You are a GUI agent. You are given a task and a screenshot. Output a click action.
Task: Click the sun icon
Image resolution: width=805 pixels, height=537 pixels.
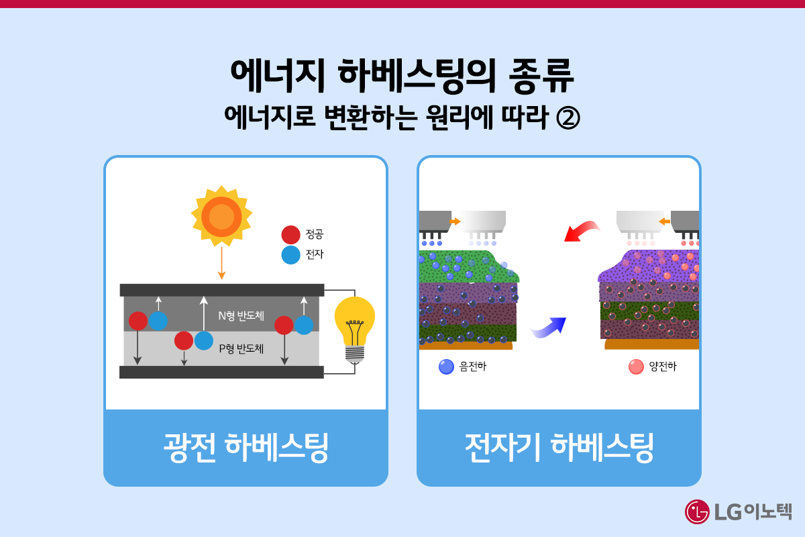pos(221,217)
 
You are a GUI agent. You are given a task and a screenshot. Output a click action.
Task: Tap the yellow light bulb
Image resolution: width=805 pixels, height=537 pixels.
pos(354,321)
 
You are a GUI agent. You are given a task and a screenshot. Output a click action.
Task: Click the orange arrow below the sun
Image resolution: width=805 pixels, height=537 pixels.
pos(221,264)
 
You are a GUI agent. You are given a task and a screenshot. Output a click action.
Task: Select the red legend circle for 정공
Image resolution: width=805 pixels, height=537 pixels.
pos(290,235)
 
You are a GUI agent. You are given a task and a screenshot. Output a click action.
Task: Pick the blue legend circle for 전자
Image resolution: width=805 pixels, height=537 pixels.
pos(290,255)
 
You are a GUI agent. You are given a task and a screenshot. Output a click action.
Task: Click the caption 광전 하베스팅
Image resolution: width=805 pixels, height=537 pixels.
pos(246,447)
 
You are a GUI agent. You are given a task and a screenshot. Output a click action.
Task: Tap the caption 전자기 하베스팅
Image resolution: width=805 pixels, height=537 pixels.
pos(559,447)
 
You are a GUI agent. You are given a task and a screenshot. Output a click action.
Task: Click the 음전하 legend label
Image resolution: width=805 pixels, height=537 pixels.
pos(473,367)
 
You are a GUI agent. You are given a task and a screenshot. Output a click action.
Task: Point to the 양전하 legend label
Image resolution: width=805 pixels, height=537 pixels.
pos(663,367)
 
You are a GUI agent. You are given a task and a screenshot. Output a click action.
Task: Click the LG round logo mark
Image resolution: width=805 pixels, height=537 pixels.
pos(698,511)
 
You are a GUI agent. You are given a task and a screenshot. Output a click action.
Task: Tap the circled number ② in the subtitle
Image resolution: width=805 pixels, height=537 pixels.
pos(568,119)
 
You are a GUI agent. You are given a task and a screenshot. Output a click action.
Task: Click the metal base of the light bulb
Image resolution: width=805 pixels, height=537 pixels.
pos(354,354)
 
